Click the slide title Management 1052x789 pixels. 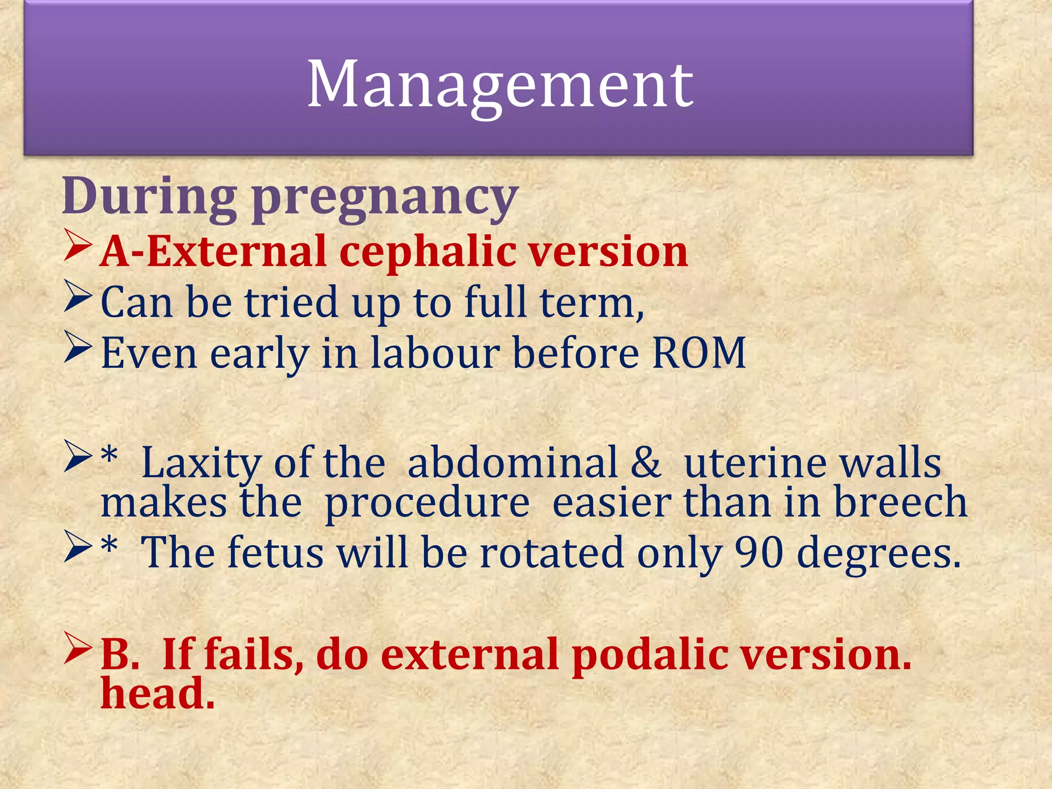500,85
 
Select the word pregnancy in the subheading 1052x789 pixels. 385,200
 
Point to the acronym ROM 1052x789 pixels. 699,353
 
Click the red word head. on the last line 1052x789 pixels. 157,693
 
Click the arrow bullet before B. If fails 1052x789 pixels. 78,648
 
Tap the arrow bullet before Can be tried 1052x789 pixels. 78,297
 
